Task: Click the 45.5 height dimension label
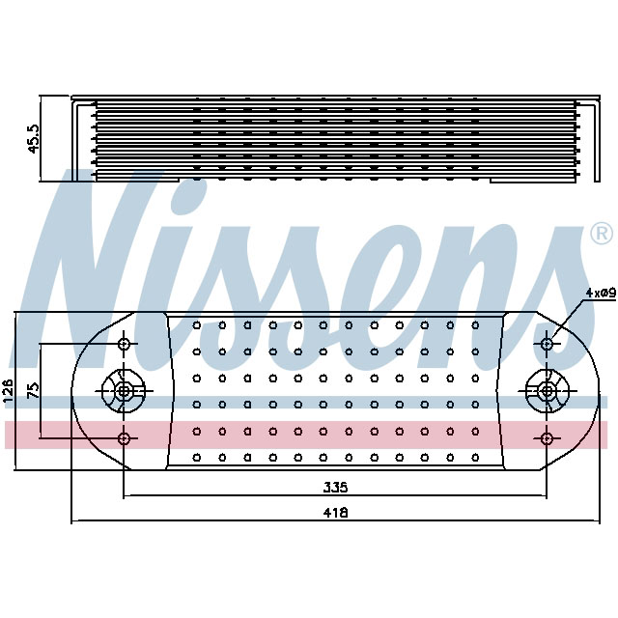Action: tap(34, 138)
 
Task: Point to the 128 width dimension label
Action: tap(9, 390)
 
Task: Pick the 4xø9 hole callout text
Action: tap(600, 292)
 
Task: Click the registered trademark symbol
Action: tap(600, 234)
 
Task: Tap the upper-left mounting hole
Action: tap(124, 344)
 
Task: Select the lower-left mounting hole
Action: tap(124, 438)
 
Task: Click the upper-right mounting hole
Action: tap(548, 344)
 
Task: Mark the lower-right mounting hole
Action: tap(548, 438)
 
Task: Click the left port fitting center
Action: tap(124, 391)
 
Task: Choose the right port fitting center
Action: tap(548, 391)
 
